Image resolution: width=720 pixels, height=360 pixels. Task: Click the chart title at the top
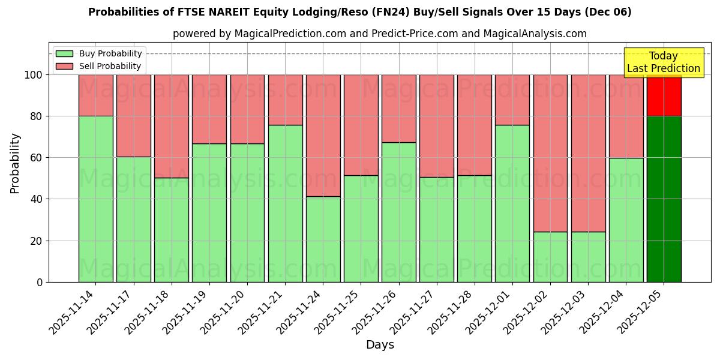pos(359,12)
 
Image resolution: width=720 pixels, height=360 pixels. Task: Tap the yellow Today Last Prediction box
pos(663,62)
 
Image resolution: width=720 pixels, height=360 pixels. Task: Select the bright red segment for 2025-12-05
pos(664,95)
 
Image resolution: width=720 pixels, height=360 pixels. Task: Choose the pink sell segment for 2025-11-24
pos(323,135)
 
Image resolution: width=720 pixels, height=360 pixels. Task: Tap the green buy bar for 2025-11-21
pos(285,204)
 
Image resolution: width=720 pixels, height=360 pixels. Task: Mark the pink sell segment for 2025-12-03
pos(588,153)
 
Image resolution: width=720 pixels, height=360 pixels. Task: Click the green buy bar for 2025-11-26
pos(398,212)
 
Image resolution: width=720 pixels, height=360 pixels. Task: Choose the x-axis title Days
pos(380,345)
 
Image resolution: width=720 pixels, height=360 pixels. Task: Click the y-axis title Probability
pos(15,163)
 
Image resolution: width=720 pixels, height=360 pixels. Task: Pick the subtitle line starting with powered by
pos(379,34)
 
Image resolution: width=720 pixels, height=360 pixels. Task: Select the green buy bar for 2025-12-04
pos(626,220)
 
